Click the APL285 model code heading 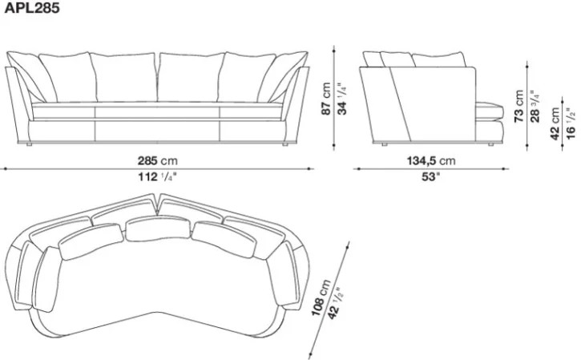pos(32,8)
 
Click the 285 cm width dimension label pos(158,160)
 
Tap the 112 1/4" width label pos(158,177)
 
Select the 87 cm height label pos(326,99)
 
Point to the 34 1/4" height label pos(342,99)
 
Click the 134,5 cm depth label pos(431,160)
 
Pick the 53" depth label pos(431,177)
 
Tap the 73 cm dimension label pos(519,106)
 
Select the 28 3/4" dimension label pos(535,106)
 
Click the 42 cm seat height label pos(555,123)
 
